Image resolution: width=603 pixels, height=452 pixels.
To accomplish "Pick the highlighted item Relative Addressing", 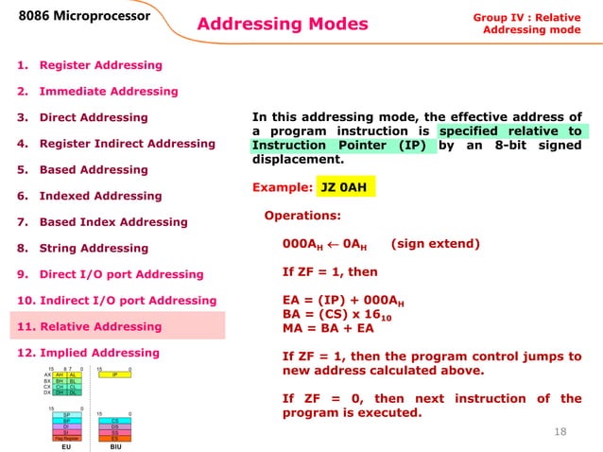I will click(90, 327).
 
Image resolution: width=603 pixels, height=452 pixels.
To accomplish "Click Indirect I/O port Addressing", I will click(117, 301).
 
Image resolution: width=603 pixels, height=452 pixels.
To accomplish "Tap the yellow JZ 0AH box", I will click(345, 188).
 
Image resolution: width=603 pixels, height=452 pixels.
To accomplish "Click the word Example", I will click(282, 188).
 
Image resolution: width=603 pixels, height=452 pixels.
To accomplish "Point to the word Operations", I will click(301, 217).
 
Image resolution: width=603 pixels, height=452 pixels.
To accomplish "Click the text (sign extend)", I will click(435, 244).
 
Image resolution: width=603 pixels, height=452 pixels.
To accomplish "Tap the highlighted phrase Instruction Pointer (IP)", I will click(344, 147).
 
